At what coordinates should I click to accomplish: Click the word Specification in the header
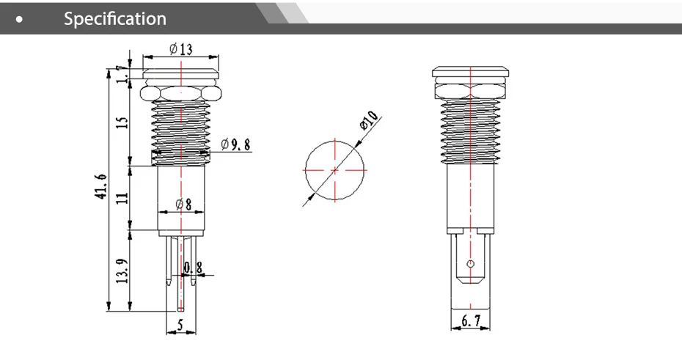click(x=115, y=19)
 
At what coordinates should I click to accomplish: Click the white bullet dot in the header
click(x=27, y=20)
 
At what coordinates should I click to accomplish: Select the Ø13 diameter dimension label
click(x=180, y=49)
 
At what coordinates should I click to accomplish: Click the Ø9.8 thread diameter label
click(x=235, y=144)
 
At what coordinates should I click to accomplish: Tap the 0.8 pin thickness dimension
click(x=193, y=268)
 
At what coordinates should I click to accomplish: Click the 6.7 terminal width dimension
click(x=470, y=320)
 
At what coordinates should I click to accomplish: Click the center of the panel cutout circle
click(x=335, y=169)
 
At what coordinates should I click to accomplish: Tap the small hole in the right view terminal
click(x=470, y=263)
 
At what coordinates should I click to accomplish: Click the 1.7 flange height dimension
click(x=122, y=73)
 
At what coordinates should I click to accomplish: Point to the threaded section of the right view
click(x=470, y=128)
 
